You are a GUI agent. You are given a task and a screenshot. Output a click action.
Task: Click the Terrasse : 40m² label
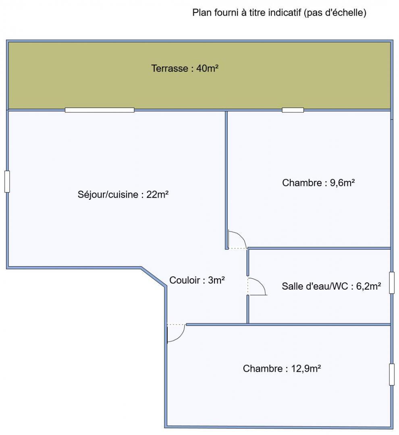tap(185, 68)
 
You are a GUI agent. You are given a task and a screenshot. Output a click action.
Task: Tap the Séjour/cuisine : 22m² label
tap(123, 195)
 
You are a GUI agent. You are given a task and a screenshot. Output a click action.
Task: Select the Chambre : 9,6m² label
tap(318, 183)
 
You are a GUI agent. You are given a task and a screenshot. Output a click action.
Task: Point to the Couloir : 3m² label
tap(197, 280)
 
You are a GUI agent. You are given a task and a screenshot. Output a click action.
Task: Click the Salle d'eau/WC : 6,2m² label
tap(331, 286)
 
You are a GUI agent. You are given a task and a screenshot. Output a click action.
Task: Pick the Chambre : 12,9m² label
tap(282, 369)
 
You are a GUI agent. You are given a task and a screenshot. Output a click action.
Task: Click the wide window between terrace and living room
tap(100, 110)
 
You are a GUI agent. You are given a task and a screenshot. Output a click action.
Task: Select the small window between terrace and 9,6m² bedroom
tap(293, 110)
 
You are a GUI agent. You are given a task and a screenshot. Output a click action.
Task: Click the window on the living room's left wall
tap(7, 181)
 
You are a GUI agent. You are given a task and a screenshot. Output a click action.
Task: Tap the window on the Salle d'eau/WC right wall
tap(392, 283)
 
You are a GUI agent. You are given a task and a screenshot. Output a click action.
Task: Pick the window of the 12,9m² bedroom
tap(392, 375)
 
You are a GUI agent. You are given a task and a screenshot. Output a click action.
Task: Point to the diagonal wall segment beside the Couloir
tap(154, 277)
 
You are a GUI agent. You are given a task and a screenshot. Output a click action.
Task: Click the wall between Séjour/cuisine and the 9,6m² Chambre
tap(227, 180)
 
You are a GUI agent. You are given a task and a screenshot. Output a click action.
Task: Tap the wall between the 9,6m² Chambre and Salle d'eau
tap(319, 248)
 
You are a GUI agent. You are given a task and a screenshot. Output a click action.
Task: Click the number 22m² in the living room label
tap(158, 194)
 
